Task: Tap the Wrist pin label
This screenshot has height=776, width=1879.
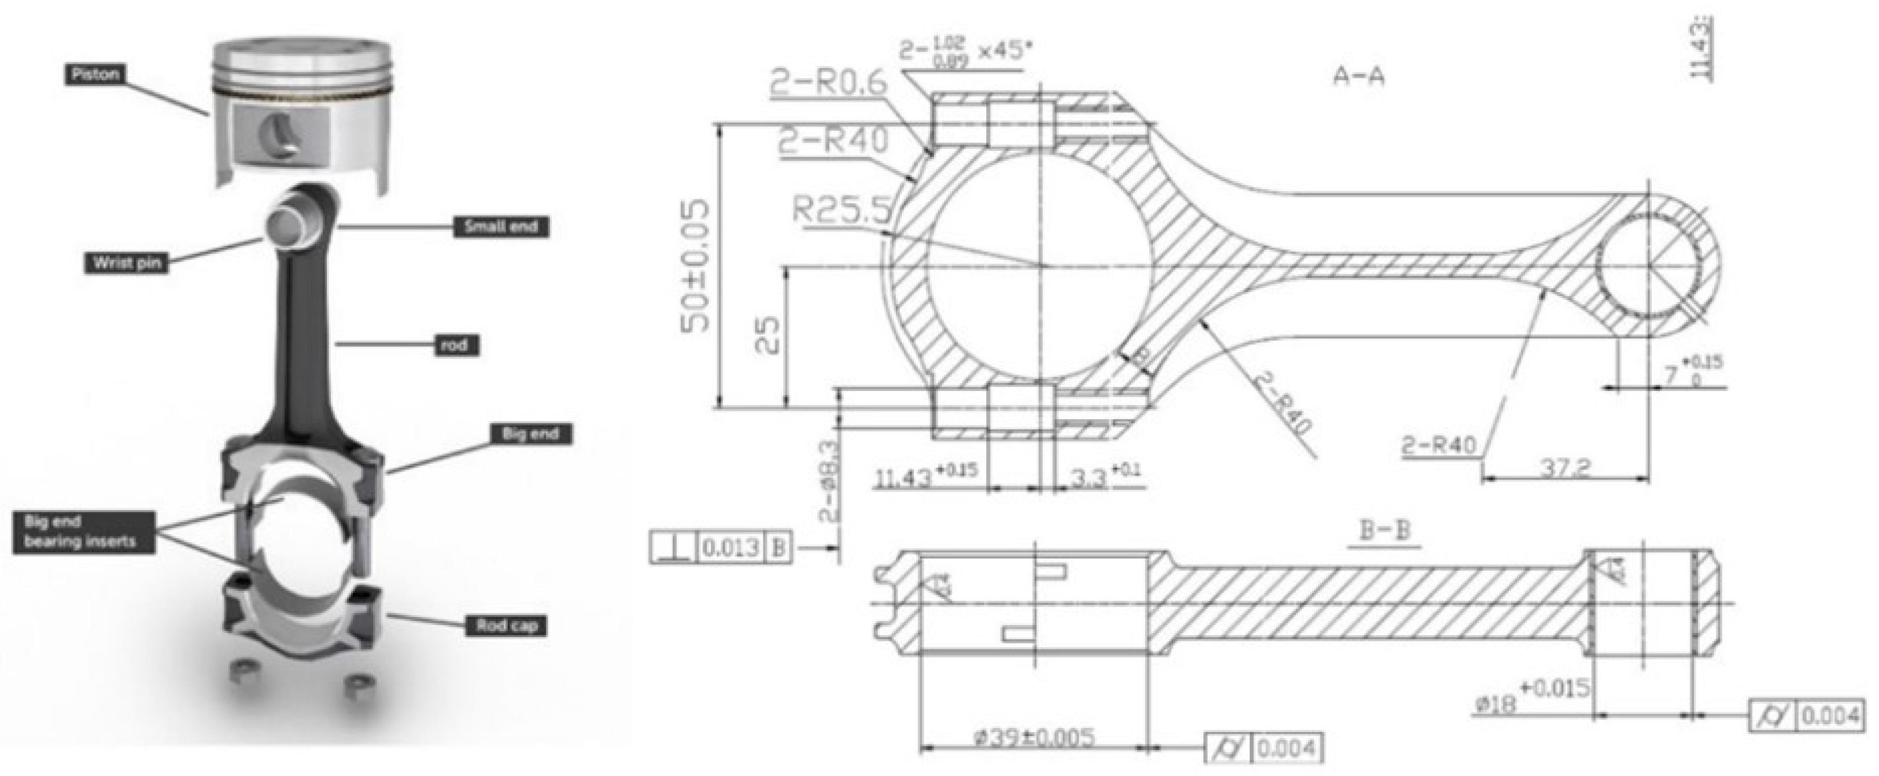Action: [x=126, y=262]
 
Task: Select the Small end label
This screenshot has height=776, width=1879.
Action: [x=500, y=227]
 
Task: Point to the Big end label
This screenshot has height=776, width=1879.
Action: [x=530, y=434]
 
